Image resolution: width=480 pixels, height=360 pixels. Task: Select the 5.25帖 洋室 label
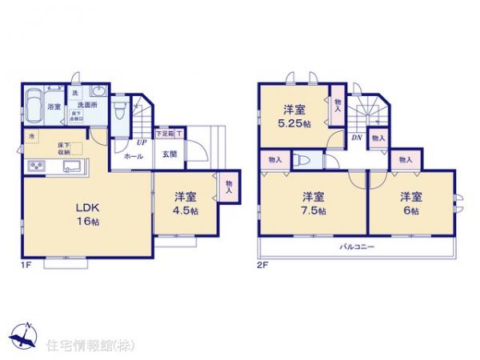[x=294, y=118]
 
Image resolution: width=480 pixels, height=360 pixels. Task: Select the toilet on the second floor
[x=302, y=160]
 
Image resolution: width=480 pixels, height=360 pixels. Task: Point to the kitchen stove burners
[x=37, y=166]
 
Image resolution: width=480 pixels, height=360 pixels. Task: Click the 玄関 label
[x=170, y=155]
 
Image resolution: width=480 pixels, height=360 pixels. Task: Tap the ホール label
[x=134, y=157]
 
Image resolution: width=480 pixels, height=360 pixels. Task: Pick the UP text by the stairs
[x=141, y=142]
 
